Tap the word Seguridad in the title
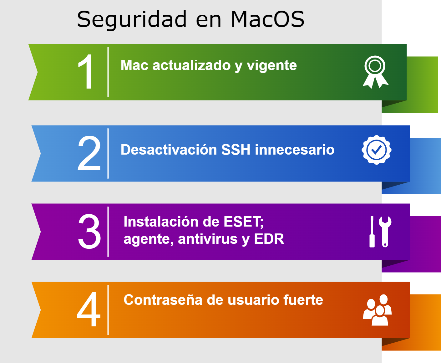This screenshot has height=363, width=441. point(132,20)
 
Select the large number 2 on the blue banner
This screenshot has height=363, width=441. point(89,153)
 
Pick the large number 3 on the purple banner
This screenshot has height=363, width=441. point(89,231)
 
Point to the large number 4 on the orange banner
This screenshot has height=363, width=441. point(89,309)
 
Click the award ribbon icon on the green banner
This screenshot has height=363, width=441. point(375,72)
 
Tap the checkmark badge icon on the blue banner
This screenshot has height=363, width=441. point(376,150)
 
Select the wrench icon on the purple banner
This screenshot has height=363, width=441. point(385,232)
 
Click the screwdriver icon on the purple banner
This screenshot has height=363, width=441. point(372,232)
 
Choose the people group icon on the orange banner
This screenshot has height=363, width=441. point(377,310)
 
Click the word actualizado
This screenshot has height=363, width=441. point(191,65)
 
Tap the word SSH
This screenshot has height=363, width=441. point(236,150)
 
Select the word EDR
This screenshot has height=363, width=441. point(269,239)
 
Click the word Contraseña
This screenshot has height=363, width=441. point(163,300)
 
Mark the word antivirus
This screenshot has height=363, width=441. point(208,239)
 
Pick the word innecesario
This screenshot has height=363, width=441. point(295,150)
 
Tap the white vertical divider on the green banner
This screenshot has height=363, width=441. point(108,72)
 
